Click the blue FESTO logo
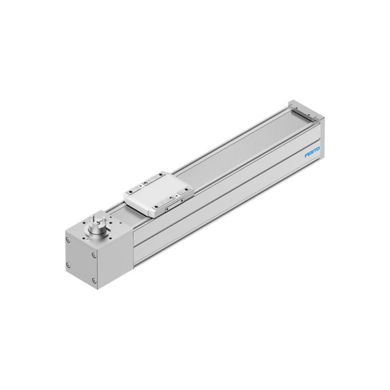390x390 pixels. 313,152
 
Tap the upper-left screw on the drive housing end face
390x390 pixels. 68,239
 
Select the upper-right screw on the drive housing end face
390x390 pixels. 94,255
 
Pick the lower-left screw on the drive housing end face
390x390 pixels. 68,266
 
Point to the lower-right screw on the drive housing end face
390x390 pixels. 94,281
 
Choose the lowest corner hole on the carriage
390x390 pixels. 156,207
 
